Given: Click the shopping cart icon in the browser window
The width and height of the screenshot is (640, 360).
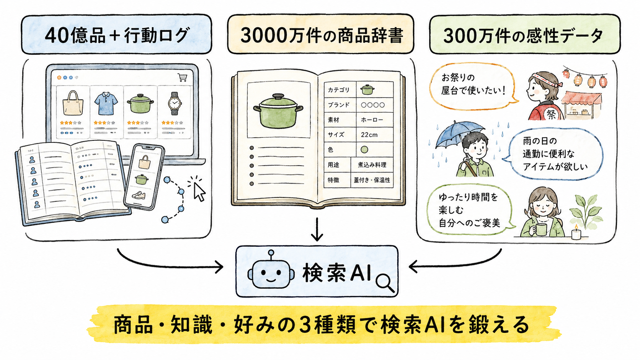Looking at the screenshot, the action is (x=182, y=77).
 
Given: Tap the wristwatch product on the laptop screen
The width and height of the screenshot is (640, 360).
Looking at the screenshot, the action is (x=174, y=103).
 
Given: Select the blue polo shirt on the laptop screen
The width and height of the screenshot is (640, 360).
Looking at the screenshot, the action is (x=106, y=103).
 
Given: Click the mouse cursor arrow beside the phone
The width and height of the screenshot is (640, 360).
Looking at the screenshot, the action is (x=199, y=192).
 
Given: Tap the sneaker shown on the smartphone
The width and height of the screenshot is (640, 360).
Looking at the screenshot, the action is (x=139, y=195).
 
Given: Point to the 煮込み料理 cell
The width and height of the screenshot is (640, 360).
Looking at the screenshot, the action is (x=372, y=165).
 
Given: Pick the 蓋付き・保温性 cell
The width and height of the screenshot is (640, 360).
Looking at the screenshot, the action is (x=372, y=180).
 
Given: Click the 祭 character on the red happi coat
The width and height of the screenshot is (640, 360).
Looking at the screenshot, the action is (x=551, y=114).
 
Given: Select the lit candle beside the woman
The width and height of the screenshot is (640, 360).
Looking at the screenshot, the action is (x=576, y=232).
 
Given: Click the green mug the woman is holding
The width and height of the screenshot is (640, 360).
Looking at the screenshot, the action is (x=540, y=229).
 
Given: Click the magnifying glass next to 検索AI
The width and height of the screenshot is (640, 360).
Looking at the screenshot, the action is (x=385, y=283).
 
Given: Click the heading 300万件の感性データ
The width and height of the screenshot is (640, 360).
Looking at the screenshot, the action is (x=523, y=36).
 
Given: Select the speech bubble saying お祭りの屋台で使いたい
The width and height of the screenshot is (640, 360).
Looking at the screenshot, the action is (x=473, y=86).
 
